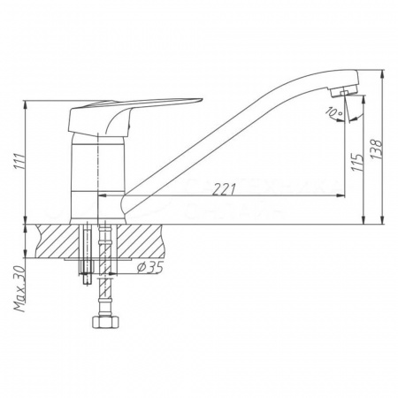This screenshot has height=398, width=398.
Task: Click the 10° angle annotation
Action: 332,112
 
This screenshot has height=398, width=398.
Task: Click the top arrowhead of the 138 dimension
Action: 382,75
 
